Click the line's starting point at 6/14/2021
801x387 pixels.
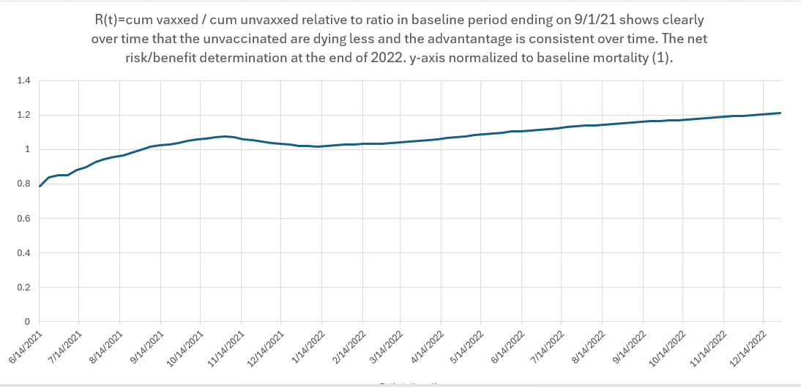tap(40, 187)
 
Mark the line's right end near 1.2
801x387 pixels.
tap(780, 113)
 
